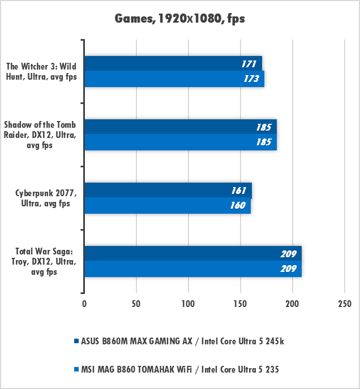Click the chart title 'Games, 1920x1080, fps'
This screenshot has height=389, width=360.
(x=180, y=19)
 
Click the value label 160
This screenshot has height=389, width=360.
(x=238, y=206)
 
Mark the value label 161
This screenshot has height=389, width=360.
(x=238, y=191)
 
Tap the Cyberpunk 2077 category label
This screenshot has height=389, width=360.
(x=42, y=198)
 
